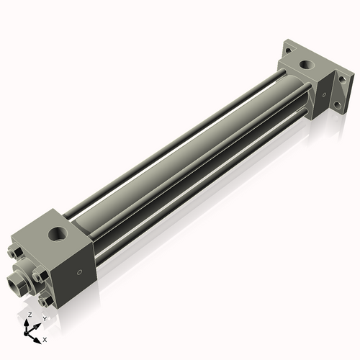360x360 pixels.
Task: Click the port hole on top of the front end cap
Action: [x=56, y=235]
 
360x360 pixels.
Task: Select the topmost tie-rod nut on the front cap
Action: [x=18, y=252]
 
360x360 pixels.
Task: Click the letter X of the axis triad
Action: [x=45, y=338]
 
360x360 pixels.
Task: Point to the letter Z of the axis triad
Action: [x=28, y=315]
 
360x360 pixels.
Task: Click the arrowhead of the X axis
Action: [x=38, y=336]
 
